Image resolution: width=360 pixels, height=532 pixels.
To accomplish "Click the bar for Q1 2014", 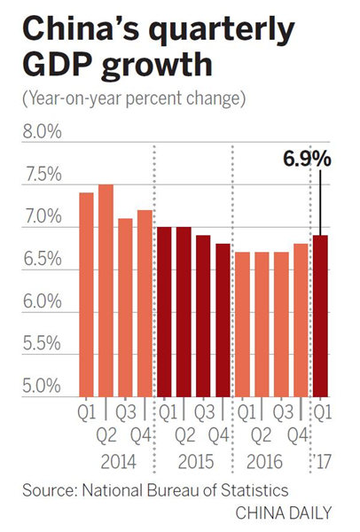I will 86,293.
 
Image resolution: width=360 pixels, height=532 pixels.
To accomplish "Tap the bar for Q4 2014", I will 145,302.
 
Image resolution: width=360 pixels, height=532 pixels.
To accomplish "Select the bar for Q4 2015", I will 223,319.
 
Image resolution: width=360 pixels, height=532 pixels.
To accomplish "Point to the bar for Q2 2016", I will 262,324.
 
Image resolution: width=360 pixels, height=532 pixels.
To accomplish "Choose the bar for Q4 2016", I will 301,319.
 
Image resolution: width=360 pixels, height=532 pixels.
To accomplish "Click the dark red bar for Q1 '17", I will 320,315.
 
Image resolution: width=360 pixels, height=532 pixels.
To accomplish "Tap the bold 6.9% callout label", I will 308,160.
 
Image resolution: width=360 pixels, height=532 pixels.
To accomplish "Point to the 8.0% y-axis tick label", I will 41,133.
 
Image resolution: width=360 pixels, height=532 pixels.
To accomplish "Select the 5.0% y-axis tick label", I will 41,387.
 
